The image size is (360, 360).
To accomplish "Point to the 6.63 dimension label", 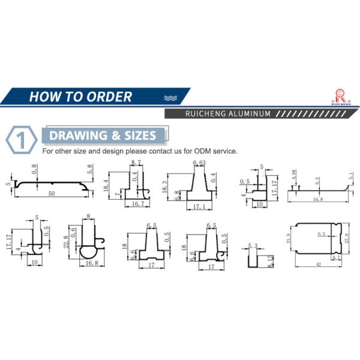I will coord(199,163).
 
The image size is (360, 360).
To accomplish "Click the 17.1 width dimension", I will coord(199,206).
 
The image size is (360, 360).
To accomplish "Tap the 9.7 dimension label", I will coord(337,256).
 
